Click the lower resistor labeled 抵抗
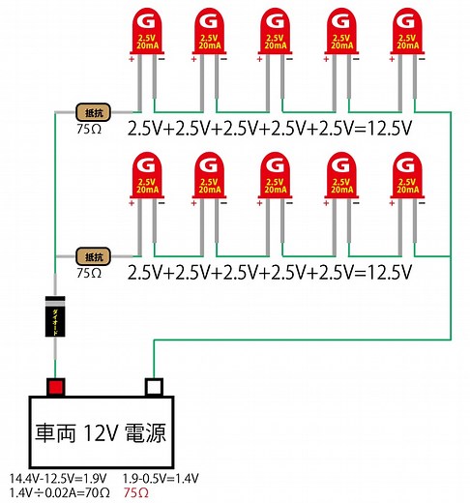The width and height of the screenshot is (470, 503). tap(95, 256)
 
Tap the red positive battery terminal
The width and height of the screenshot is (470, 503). tap(56, 387)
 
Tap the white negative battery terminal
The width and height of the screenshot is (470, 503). tap(152, 387)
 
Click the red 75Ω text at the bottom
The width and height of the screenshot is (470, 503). tap(137, 493)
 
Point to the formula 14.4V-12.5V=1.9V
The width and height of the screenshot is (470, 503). tap(57, 479)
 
